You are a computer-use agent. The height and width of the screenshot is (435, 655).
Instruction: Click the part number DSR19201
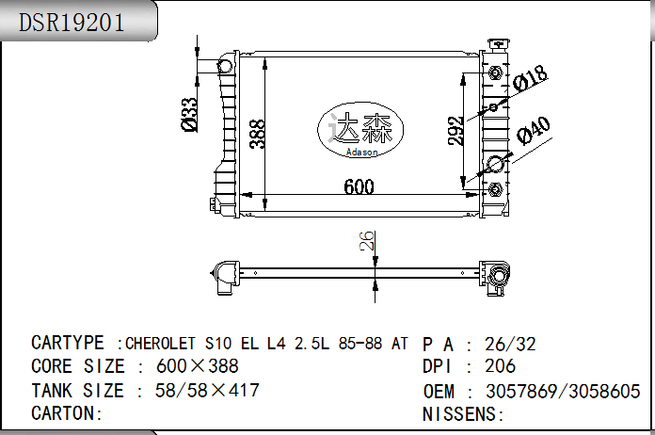[72, 23]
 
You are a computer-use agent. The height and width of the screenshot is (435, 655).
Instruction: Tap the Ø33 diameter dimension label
[189, 115]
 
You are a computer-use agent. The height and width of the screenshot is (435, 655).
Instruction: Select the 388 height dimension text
[257, 134]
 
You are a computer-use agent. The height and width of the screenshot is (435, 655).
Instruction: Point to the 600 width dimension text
[359, 186]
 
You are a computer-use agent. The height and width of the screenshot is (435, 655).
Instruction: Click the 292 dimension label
[455, 131]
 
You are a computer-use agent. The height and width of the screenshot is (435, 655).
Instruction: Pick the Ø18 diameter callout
[530, 78]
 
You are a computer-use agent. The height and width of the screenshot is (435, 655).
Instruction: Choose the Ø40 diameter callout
[534, 131]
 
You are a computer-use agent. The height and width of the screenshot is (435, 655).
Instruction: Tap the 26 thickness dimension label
[367, 241]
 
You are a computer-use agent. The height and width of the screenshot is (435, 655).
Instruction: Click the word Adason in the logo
[361, 153]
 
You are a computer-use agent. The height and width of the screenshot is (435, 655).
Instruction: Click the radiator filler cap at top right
[499, 44]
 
